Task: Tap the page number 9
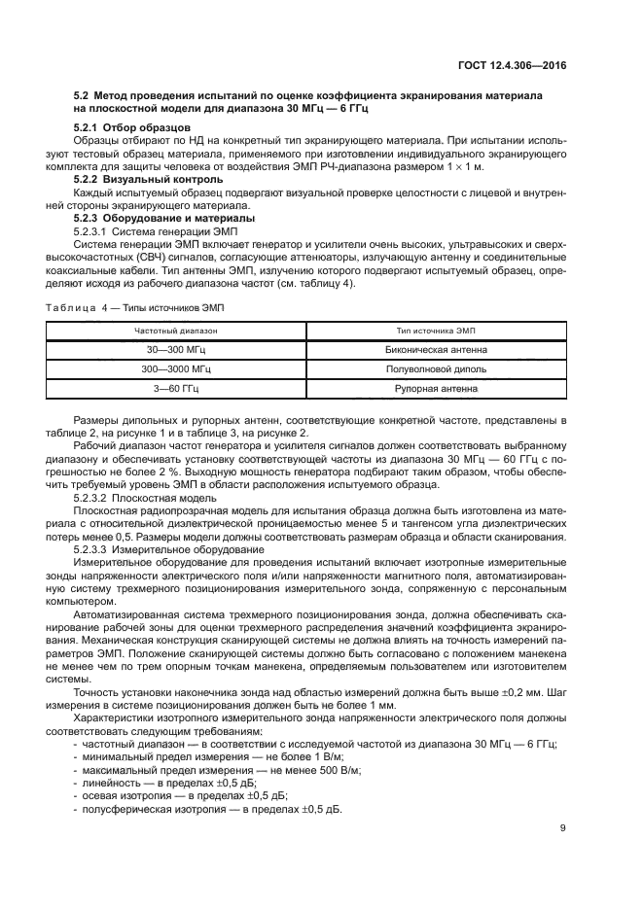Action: tap(563, 828)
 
